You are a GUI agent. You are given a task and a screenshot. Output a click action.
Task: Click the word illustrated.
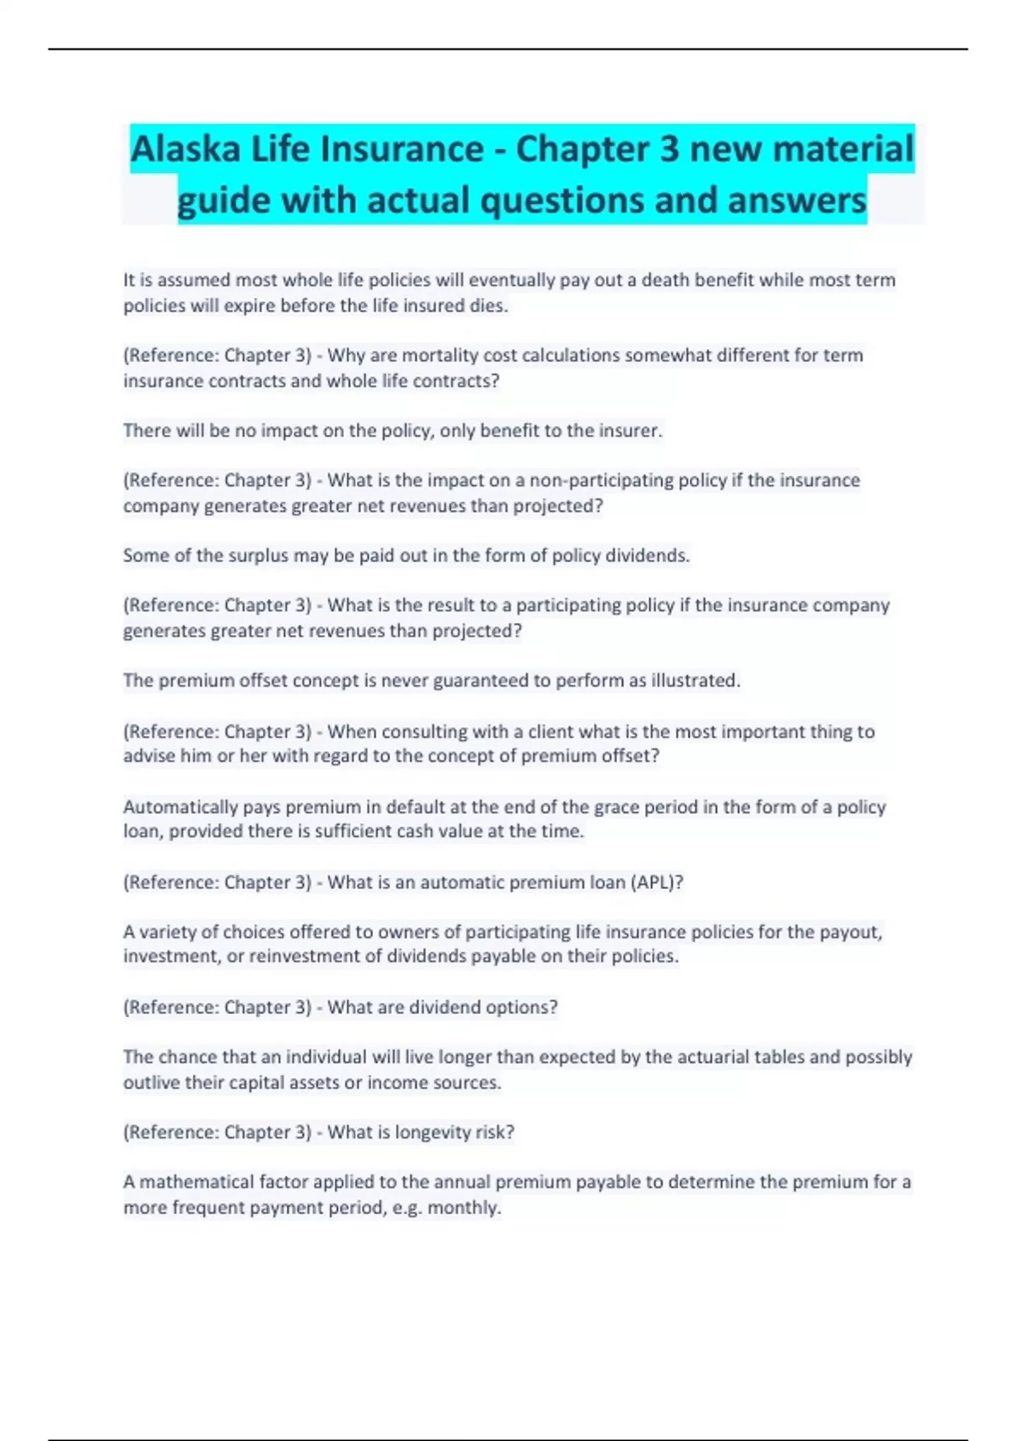tap(696, 681)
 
